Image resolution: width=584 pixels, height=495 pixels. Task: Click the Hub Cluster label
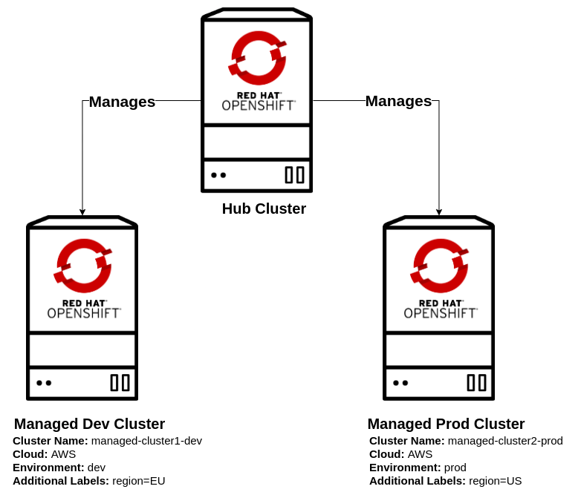[264, 209]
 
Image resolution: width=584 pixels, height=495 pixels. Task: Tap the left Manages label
[122, 102]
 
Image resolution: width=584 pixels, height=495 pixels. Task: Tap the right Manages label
[398, 101]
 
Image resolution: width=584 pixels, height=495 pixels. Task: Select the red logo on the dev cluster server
[82, 266]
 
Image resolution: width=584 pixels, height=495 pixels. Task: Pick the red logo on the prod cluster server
[440, 266]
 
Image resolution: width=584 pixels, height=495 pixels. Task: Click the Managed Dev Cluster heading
[89, 424]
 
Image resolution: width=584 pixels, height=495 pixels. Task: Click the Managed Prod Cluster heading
[446, 424]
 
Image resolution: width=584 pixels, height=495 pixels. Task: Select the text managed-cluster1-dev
[146, 441]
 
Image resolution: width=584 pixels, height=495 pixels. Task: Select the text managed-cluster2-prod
[505, 441]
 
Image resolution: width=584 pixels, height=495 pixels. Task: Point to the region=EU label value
[138, 481]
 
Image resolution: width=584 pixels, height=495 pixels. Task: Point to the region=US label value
[495, 481]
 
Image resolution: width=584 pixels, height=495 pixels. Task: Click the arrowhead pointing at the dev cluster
[82, 212]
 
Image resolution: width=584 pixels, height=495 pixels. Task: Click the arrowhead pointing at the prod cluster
[439, 212]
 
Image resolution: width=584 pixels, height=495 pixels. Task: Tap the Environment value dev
[97, 468]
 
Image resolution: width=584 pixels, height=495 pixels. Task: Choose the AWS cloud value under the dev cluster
[63, 454]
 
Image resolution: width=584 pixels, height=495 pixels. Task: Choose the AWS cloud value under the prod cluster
[420, 454]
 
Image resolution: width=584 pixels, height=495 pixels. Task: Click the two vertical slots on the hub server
[295, 175]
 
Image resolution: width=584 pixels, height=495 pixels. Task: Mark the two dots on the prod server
[400, 383]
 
